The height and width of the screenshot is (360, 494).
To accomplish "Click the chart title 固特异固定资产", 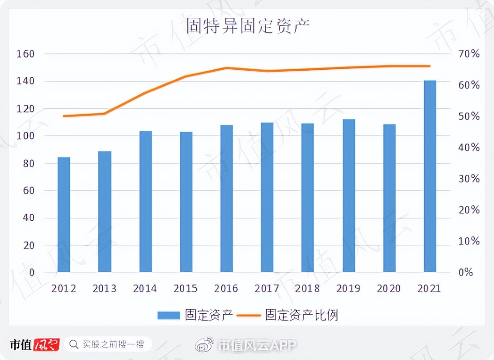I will pos(247,26).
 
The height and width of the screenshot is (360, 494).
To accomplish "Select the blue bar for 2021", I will pos(430,176).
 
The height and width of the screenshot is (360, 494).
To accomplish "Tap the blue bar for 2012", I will pos(64,215).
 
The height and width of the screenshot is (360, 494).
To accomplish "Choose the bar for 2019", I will pos(349,195).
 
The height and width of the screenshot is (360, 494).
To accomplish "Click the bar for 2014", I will pos(145,202).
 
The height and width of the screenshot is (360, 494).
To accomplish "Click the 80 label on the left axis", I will pos(28,164).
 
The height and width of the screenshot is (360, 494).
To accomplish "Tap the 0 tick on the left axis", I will pos(31,272).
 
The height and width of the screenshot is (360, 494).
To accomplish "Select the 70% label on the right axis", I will pos(468,54).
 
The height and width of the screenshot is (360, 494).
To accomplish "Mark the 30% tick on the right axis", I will pos(468,179).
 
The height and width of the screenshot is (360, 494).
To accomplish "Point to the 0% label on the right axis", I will pos(465,272).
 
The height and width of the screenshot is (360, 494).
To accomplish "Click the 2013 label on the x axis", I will pos(105,288).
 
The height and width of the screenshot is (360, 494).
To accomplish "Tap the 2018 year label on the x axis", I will pos(308,288).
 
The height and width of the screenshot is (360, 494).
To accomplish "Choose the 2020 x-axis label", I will pos(389,288).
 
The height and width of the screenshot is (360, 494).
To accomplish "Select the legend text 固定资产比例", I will pos(301,315).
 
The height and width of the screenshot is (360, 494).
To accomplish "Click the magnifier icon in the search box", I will pos(74,345).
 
